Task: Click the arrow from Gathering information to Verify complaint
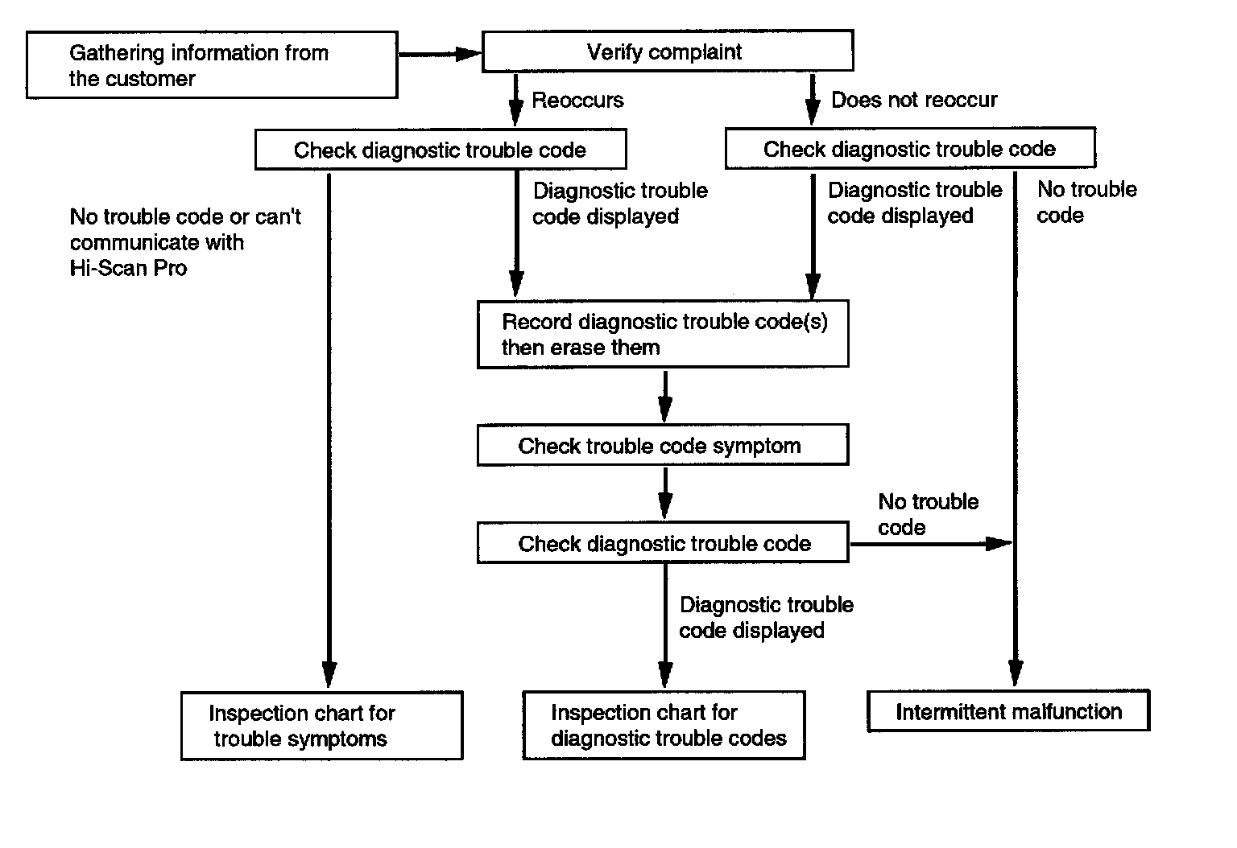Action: click(x=441, y=54)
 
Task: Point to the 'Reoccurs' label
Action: click(x=577, y=101)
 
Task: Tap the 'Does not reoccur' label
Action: click(x=915, y=100)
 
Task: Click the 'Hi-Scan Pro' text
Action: click(x=128, y=268)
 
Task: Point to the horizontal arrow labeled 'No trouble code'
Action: click(x=931, y=544)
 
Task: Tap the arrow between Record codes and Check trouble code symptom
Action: click(x=665, y=396)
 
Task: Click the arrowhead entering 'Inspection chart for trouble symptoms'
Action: click(x=329, y=674)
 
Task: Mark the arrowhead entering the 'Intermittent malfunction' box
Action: click(x=1016, y=673)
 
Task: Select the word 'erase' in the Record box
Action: click(x=577, y=348)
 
